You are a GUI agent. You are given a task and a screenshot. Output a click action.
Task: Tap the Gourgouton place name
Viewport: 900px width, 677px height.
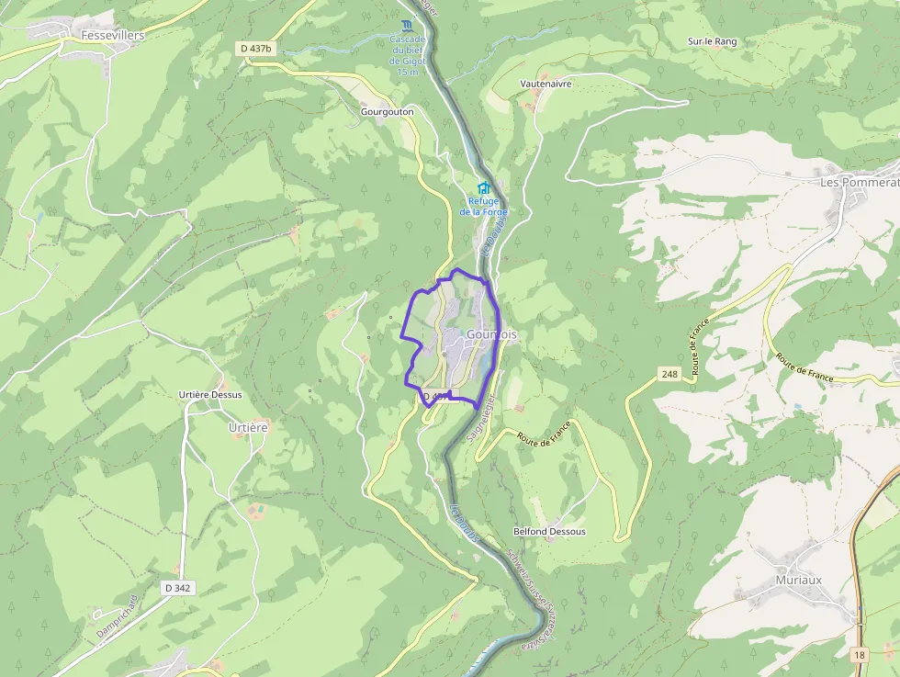coord(387,111)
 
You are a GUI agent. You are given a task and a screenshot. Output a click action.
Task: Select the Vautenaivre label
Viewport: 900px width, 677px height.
coord(546,84)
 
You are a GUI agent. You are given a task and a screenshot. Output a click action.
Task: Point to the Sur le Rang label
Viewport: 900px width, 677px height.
coord(712,41)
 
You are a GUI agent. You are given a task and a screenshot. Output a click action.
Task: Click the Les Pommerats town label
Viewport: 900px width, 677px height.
coord(859,182)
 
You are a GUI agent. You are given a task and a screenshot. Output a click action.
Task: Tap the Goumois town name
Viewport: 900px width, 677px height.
coord(491,335)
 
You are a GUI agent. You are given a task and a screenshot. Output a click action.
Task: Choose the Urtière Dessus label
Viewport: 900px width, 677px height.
coord(210,395)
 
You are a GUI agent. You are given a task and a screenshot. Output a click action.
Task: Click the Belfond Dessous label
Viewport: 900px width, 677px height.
coord(549,532)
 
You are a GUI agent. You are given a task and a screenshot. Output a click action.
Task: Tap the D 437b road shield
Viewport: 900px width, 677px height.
coord(258,48)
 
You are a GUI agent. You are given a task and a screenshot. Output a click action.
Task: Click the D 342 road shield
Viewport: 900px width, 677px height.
coord(177,587)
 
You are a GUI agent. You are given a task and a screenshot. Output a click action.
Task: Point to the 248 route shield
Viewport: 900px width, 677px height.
coord(668,374)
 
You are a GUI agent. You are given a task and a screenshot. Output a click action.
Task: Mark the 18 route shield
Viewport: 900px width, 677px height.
coord(858,654)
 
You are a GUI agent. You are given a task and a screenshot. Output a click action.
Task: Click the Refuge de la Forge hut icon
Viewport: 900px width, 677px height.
coord(483,188)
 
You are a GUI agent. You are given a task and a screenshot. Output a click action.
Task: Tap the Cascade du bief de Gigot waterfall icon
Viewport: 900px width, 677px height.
coord(407,24)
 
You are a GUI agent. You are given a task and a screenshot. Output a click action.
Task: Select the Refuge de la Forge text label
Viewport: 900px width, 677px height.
coord(483,207)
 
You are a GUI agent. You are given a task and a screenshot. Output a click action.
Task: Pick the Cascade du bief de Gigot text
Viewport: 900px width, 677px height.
coord(407,55)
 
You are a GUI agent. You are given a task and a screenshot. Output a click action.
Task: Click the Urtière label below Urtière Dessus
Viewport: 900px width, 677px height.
coord(247,427)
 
